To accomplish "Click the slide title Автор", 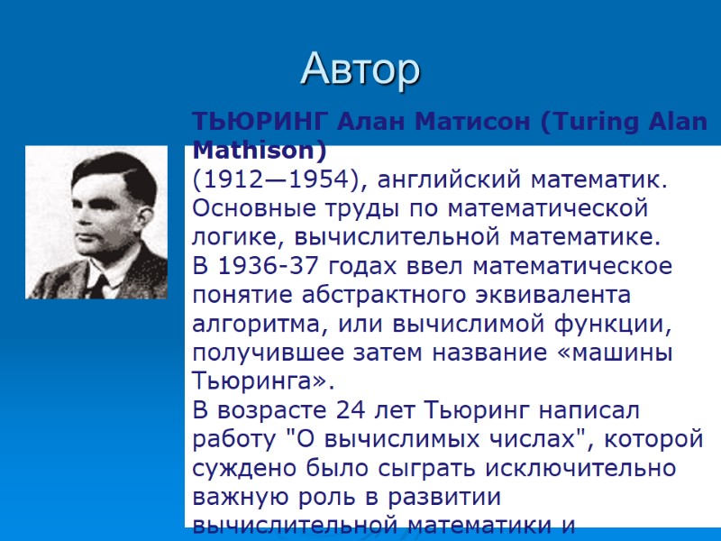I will click(360, 69).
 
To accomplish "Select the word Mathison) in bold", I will click(260, 148).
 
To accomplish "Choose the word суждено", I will click(236, 470).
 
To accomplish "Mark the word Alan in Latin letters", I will click(671, 123).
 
